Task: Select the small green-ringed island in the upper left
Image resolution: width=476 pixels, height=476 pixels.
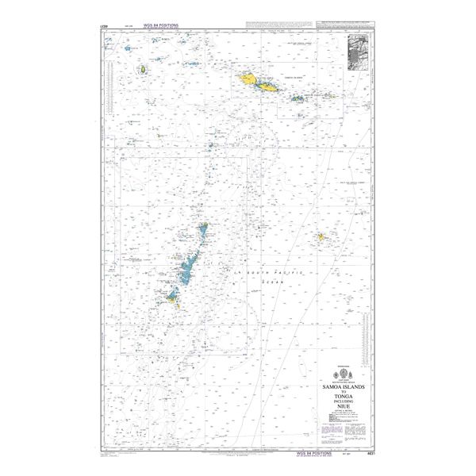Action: coord(143,70)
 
